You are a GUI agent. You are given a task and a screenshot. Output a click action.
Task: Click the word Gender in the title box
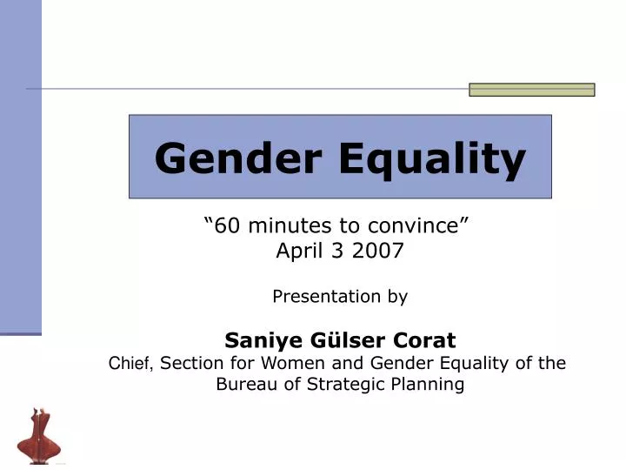236,158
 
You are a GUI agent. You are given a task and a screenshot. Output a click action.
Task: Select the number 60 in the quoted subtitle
227,226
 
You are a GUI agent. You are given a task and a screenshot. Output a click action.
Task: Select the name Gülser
342,339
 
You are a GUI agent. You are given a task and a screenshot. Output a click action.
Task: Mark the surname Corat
423,339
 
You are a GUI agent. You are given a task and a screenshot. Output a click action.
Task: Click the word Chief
132,363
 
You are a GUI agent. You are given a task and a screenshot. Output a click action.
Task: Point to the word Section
193,363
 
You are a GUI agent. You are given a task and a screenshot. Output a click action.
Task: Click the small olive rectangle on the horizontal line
531,90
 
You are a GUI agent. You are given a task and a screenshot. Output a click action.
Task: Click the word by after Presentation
397,296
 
